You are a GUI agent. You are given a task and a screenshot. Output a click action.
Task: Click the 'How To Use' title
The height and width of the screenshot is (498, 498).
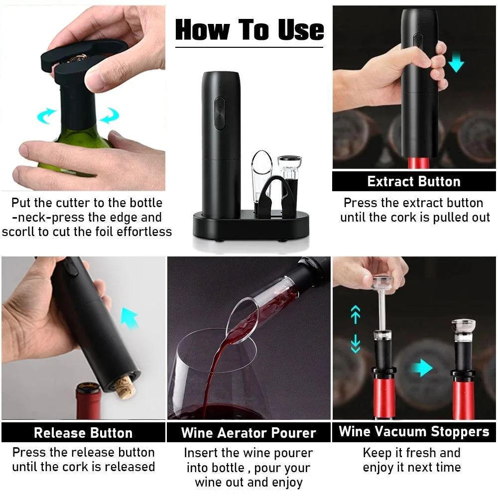249,29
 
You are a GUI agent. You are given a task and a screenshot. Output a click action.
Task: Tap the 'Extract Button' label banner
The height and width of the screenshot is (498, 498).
413,182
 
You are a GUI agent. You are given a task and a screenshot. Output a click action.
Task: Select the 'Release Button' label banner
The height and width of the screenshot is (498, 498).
83,433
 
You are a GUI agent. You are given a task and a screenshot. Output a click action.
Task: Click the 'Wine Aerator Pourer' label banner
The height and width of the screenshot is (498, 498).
249,433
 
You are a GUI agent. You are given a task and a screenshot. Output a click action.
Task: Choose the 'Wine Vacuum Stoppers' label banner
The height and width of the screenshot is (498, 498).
414,432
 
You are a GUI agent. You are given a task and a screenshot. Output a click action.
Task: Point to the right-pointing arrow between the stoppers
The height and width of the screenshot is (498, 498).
422,369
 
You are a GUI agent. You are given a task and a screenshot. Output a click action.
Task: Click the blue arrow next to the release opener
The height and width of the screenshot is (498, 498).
128,318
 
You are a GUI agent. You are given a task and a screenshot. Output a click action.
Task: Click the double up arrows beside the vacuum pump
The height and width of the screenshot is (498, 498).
355,314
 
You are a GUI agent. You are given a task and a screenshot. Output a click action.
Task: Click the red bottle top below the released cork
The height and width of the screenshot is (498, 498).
88,401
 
